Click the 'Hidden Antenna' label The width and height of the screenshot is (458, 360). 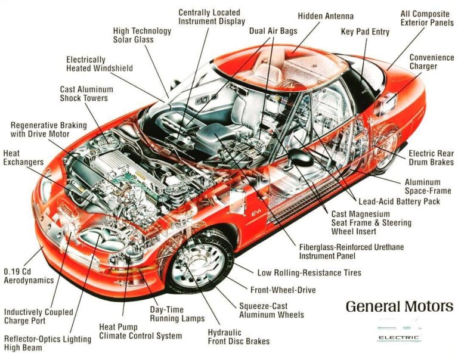point(326,16)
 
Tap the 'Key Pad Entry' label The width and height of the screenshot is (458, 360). point(364,31)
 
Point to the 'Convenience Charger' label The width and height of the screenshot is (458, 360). point(431,62)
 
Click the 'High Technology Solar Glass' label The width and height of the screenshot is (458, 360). point(134,35)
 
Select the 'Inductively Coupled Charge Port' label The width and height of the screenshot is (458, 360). point(39,316)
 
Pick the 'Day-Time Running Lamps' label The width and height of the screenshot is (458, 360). point(176,314)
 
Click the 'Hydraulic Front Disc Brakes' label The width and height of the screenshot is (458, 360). point(239,337)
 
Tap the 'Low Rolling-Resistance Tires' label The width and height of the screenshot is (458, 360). point(309,273)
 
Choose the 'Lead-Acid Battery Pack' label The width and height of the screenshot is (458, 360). point(398,201)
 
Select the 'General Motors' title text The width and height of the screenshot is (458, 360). point(399,307)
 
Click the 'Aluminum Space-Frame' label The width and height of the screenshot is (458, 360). point(428,187)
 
